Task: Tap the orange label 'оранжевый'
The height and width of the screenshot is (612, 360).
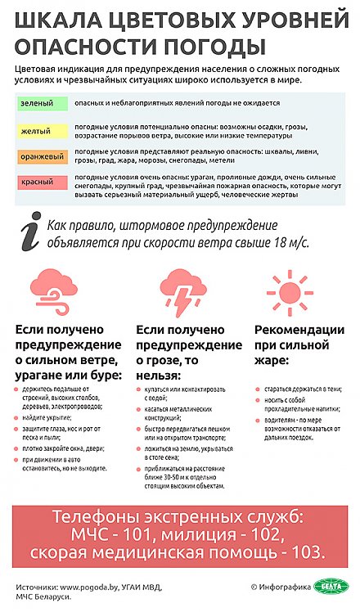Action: (39, 155)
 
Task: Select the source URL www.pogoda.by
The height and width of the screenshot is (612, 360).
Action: (90, 587)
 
